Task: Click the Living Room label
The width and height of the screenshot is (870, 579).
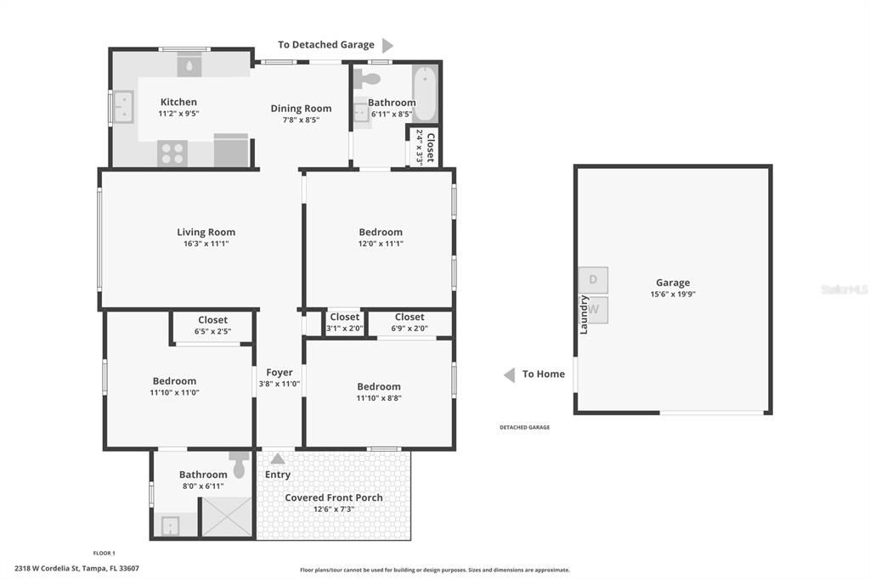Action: [206, 233]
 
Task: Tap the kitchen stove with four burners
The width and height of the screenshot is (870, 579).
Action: [172, 153]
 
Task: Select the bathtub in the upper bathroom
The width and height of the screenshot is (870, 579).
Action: [425, 93]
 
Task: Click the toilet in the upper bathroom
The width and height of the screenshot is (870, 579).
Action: [366, 79]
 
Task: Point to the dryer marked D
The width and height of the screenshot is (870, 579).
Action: [592, 280]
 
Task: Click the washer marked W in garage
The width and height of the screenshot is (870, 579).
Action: [594, 310]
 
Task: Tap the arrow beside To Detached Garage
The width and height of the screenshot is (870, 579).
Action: [387, 46]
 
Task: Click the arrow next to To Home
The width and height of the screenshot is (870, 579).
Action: [510, 375]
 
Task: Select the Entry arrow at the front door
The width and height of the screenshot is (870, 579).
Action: [278, 458]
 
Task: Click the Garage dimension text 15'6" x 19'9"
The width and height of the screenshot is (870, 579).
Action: [673, 295]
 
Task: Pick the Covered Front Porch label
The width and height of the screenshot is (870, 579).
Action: [333, 497]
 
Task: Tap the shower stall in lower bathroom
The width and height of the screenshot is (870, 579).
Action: [226, 517]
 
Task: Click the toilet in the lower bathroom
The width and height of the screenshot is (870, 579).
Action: [239, 464]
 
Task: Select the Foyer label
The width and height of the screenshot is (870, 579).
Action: [279, 373]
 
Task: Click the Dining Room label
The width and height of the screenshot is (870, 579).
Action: [302, 109]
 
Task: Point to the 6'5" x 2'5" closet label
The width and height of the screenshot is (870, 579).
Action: [212, 332]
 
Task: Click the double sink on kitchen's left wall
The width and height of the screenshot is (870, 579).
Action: [123, 107]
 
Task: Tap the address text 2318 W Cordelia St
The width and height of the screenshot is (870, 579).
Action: [48, 569]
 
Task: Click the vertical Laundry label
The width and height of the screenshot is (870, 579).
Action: [584, 314]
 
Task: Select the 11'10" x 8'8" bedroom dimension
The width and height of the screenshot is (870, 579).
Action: [379, 398]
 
